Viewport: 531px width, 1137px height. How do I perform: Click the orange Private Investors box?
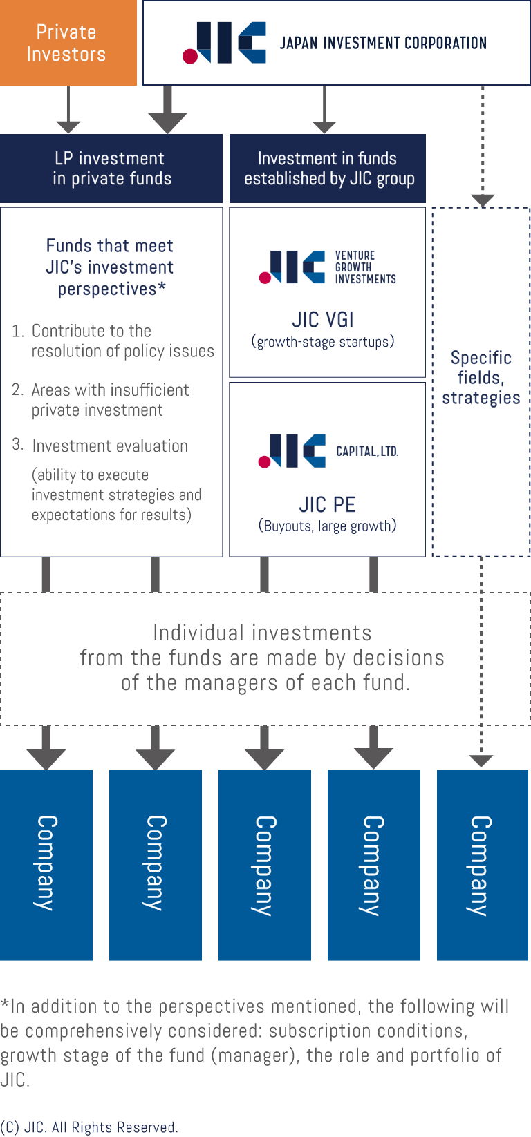pyautogui.click(x=68, y=43)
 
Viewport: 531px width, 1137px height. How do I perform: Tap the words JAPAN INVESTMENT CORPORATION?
pyautogui.click(x=382, y=44)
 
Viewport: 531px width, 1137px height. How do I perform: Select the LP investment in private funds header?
pyautogui.click(x=111, y=169)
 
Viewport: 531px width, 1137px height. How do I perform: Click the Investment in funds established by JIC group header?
pyautogui.click(x=328, y=169)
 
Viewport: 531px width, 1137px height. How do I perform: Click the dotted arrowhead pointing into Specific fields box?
pyautogui.click(x=483, y=200)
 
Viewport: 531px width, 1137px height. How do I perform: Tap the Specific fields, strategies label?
pyautogui.click(x=481, y=378)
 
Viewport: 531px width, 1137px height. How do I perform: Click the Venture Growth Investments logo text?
pyautogui.click(x=365, y=267)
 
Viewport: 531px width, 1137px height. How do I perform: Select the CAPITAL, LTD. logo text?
pyautogui.click(x=367, y=451)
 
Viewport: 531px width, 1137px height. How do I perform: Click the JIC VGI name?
pyautogui.click(x=323, y=320)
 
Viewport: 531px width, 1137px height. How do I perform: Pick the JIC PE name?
pyautogui.click(x=327, y=504)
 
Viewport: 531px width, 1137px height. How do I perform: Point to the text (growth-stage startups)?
pyautogui.click(x=323, y=342)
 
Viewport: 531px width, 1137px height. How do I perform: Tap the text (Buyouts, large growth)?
pyautogui.click(x=327, y=526)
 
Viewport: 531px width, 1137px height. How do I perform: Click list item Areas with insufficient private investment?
pyautogui.click(x=109, y=400)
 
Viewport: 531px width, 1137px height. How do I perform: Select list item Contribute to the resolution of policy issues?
pyautogui.click(x=122, y=341)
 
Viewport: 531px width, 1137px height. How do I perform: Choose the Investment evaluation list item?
pyautogui.click(x=109, y=446)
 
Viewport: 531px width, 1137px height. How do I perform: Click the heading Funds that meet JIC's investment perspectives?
pyautogui.click(x=110, y=267)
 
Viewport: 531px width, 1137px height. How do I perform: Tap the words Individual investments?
pyautogui.click(x=262, y=633)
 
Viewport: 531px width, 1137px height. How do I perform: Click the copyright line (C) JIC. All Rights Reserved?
pyautogui.click(x=89, y=1127)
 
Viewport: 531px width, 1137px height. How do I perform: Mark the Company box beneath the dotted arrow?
pyautogui.click(x=483, y=865)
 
